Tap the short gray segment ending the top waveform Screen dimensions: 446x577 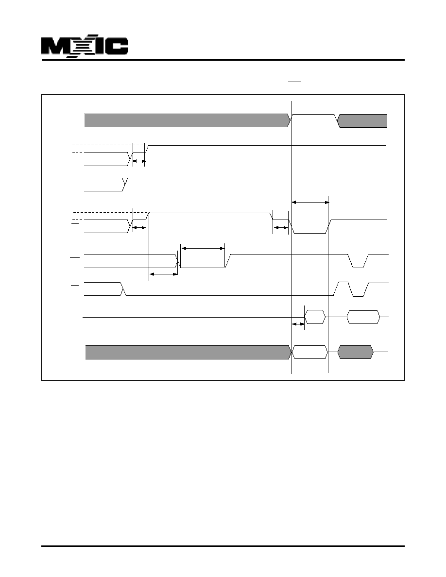[362, 121]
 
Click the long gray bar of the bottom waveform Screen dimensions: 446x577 [188, 352]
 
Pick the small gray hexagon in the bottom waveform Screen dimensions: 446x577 [356, 352]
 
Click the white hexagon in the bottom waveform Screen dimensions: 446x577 [310, 352]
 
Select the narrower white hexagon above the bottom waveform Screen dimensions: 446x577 [315, 317]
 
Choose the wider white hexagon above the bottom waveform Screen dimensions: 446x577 [363, 317]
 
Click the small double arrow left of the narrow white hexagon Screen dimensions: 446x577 [298, 324]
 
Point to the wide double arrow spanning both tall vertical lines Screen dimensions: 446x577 [310, 202]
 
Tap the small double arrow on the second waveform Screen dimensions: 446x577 [139, 161]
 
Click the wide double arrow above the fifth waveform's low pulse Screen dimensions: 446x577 [203, 248]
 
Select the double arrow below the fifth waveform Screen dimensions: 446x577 [163, 274]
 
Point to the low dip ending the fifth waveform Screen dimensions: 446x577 [358, 261]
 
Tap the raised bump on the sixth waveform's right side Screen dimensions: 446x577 [343, 289]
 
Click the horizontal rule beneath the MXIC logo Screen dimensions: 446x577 [223, 60]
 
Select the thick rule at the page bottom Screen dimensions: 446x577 [223, 546]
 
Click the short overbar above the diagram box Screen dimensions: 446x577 [294, 82]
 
